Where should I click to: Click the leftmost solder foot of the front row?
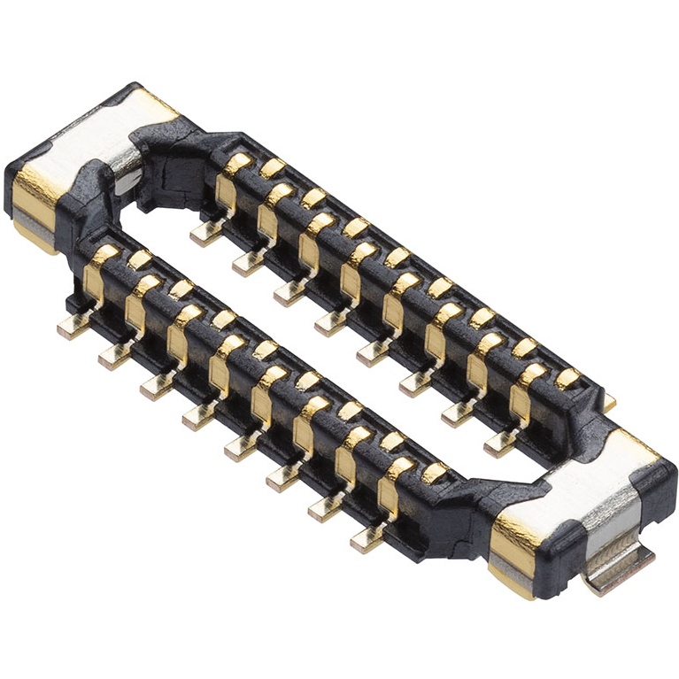(70, 328)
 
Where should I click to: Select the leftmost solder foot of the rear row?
(205, 233)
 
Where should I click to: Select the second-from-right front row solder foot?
(324, 506)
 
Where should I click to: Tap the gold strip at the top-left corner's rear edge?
(154, 105)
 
